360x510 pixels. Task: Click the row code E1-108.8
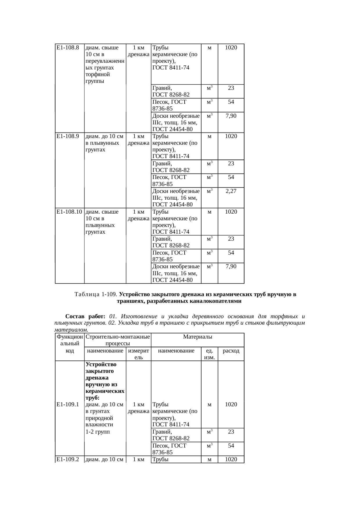[x=68, y=48]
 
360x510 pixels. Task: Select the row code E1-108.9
[x=68, y=136]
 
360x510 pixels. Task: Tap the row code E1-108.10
[x=69, y=212]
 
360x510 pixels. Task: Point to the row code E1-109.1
[x=68, y=404]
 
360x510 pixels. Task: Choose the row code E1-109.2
[x=68, y=459]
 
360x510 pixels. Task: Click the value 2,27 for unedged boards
[x=231, y=191]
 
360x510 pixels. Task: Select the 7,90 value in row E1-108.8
[x=231, y=116]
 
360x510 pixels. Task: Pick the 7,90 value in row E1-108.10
[x=231, y=266]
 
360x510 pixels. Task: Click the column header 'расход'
[x=231, y=351]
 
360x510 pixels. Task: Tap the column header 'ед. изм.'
[x=209, y=354]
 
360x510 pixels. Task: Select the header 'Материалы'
[x=197, y=337]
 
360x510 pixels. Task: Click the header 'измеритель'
[x=138, y=354]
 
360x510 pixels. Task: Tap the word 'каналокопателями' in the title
[x=216, y=301]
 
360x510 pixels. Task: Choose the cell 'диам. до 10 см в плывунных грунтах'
[x=105, y=143]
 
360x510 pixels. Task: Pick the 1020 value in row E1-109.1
[x=231, y=404]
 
